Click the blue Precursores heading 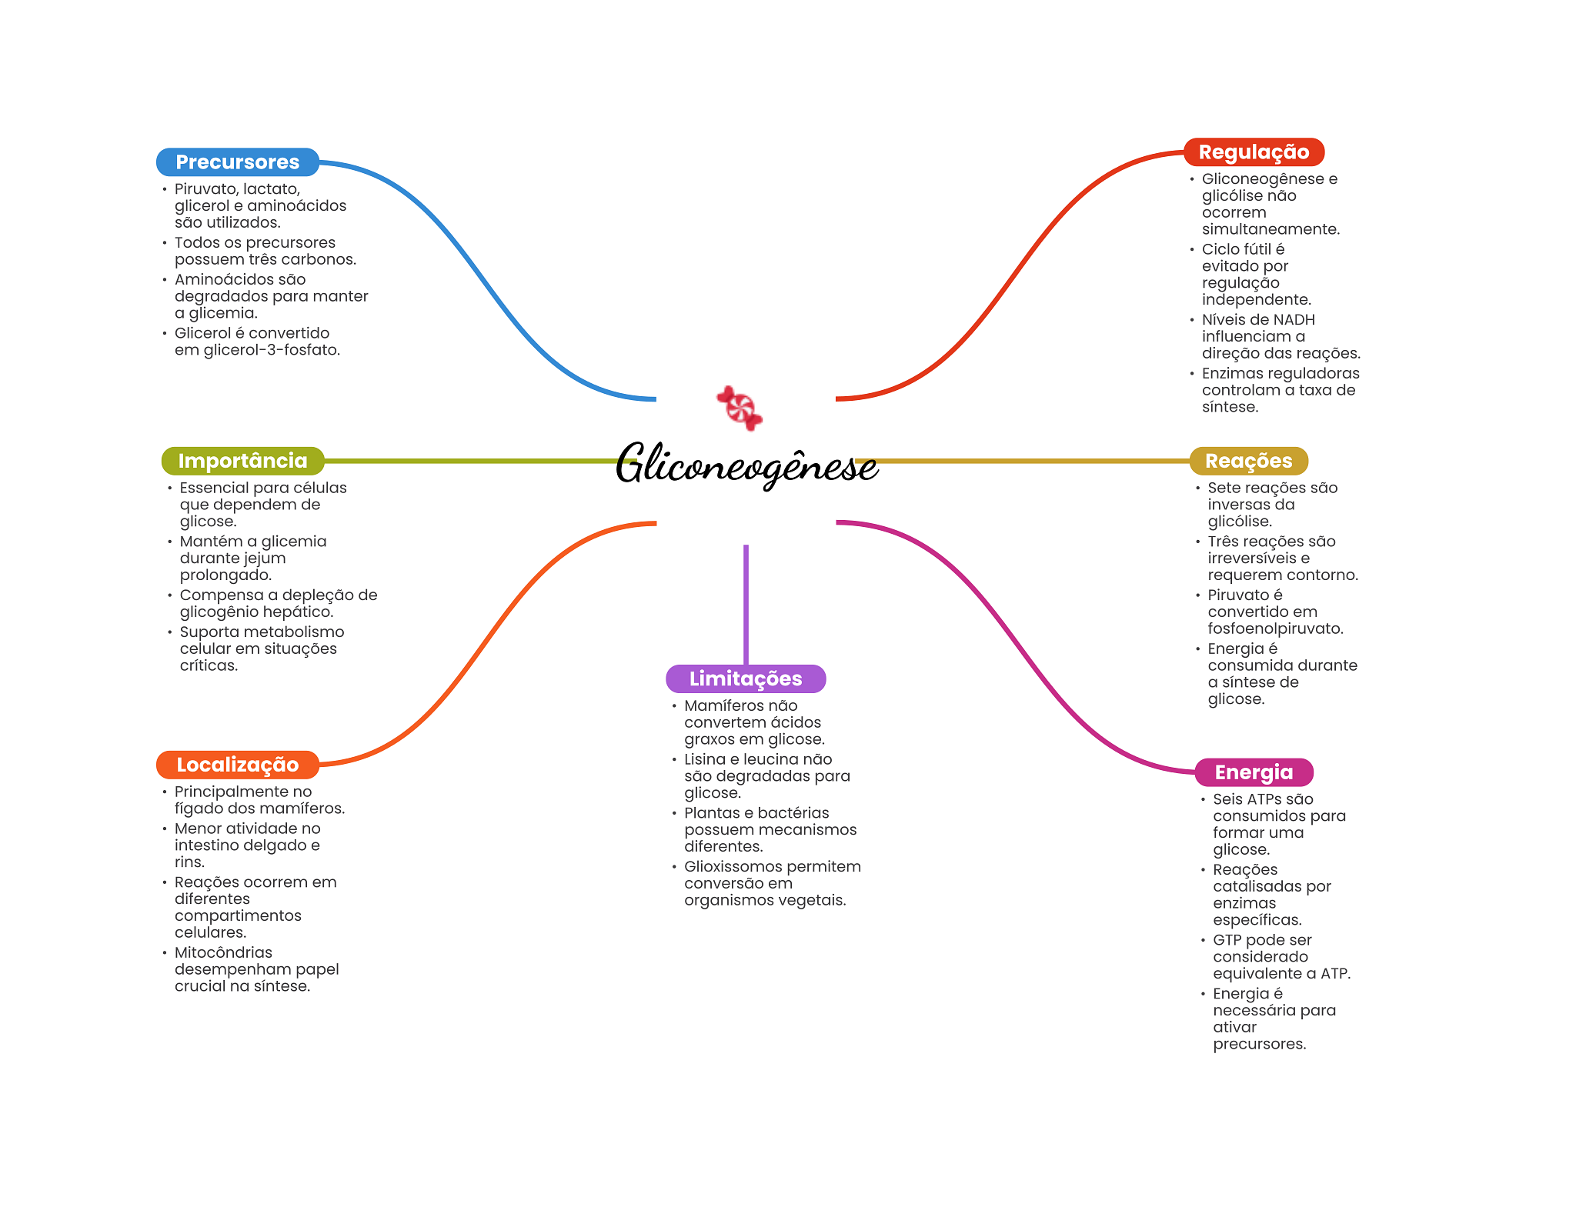tap(237, 162)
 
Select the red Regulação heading tap(1253, 152)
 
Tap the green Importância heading tap(242, 461)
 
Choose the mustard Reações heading tap(1247, 461)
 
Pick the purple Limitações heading tap(745, 679)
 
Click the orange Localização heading tap(237, 765)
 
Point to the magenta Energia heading tap(1253, 772)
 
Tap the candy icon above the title tap(740, 408)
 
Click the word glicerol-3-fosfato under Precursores tap(271, 350)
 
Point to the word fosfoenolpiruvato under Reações tap(1274, 629)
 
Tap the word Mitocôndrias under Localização tap(223, 952)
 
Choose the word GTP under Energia tap(1227, 940)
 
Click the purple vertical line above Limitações tap(746, 604)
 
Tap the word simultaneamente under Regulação tap(1270, 229)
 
